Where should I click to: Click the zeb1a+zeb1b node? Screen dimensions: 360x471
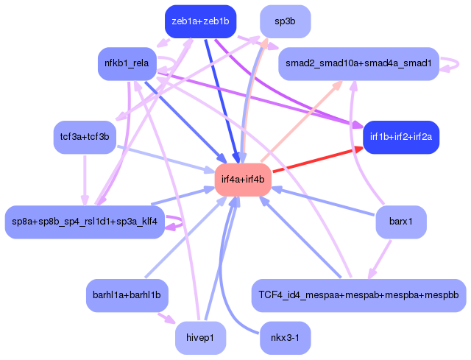coord(200,21)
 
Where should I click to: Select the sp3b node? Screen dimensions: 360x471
coord(285,21)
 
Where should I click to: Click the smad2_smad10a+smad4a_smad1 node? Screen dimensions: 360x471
coord(358,64)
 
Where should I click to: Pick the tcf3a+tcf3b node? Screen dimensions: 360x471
coord(85,137)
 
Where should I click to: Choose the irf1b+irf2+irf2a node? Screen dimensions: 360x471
coord(402,137)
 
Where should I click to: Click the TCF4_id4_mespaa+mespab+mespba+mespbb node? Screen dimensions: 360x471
coord(358,294)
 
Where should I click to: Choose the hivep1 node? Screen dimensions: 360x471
coord(200,339)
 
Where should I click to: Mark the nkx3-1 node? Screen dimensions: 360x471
coord(285,339)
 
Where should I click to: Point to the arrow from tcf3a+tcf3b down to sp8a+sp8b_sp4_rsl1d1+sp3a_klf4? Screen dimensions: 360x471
coord(85,180)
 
